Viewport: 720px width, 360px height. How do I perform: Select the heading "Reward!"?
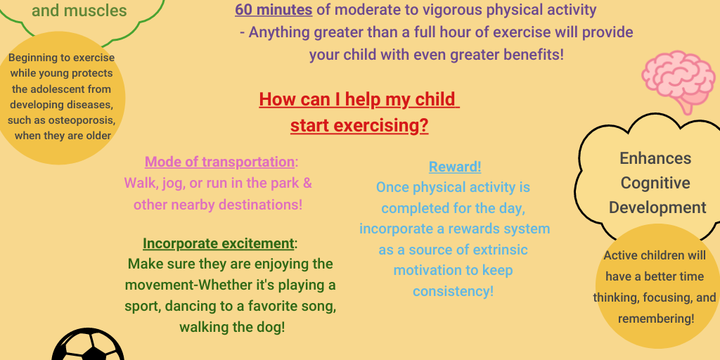455,167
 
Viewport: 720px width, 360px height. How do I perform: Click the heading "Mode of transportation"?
219,162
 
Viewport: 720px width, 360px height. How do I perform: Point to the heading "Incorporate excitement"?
218,243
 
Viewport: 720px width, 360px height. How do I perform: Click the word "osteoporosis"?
79,120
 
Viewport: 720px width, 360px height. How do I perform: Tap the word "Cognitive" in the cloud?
655,183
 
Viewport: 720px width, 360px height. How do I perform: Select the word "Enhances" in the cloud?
655,158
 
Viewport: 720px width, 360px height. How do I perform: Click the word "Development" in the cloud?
657,207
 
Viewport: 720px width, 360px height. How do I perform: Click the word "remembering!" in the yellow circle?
656,319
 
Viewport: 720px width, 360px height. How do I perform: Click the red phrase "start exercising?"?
359,126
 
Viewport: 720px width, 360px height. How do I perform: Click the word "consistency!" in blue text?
453,291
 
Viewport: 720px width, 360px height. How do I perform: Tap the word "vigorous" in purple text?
462,10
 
